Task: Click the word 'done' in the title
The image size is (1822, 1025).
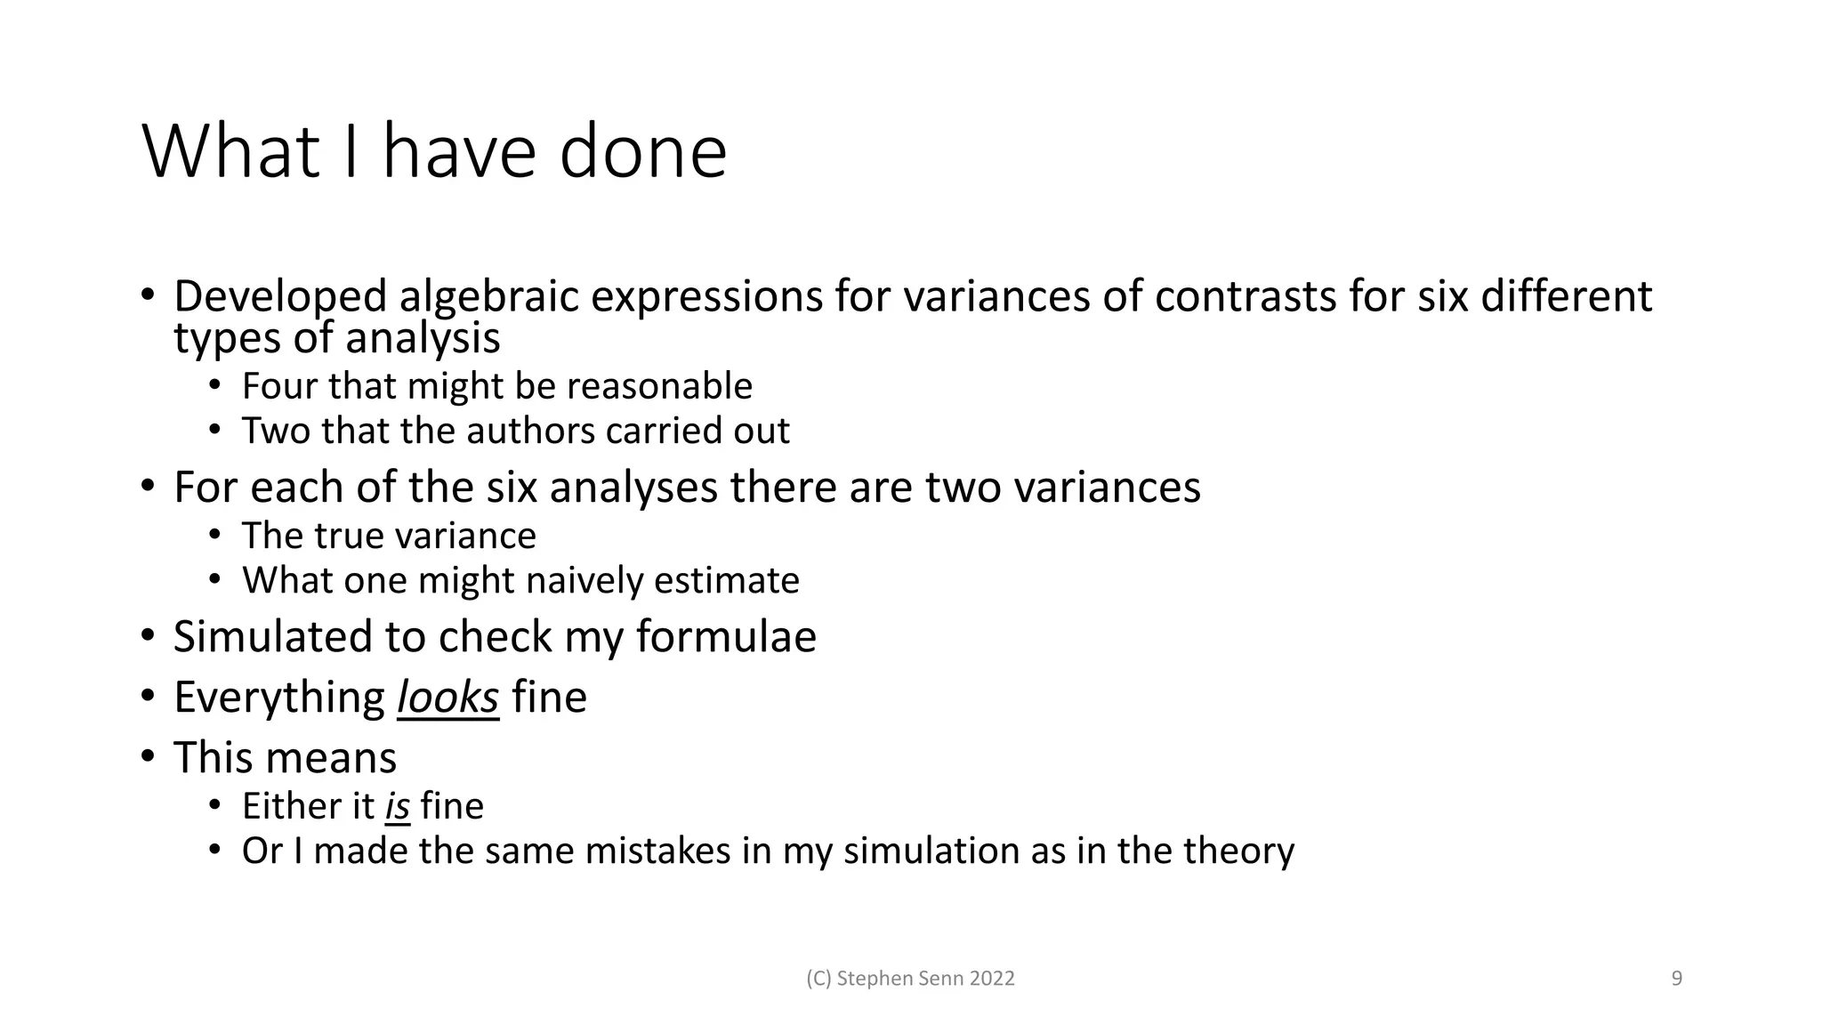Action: click(x=642, y=152)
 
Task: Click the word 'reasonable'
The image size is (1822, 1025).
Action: click(x=659, y=386)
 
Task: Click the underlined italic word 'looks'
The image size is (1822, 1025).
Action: click(x=447, y=698)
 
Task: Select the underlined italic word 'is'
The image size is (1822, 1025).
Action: click(x=397, y=807)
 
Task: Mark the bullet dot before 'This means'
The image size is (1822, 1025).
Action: click(x=148, y=758)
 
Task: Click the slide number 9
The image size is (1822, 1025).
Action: click(x=1677, y=979)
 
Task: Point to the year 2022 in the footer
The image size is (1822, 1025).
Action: click(x=992, y=979)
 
